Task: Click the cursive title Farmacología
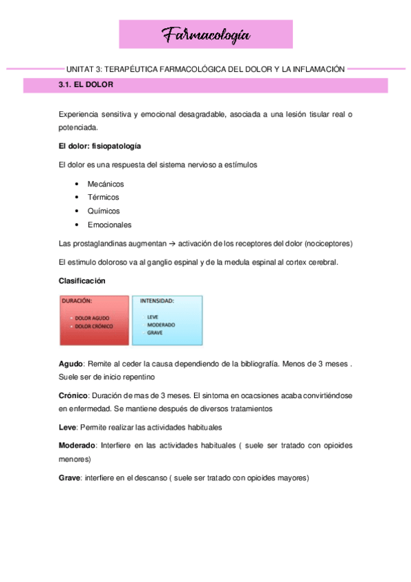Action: (x=206, y=34)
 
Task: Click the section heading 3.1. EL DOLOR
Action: (x=86, y=85)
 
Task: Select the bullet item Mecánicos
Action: (x=106, y=184)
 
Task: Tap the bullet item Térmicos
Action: (x=103, y=198)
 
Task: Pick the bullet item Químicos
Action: (x=104, y=211)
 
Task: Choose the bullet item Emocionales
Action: (x=110, y=225)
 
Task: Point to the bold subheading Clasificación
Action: (x=82, y=281)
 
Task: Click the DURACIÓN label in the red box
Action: (x=78, y=301)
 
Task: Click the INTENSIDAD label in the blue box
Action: (x=157, y=301)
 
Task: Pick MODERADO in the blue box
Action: (x=161, y=324)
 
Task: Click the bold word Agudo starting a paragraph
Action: (x=71, y=363)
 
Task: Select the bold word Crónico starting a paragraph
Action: (x=73, y=396)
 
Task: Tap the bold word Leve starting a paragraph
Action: (x=67, y=427)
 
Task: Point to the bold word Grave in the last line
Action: (x=69, y=478)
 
